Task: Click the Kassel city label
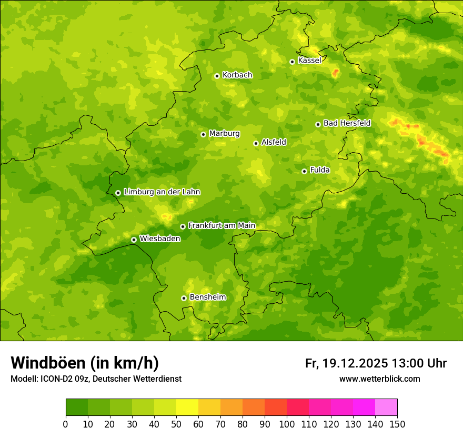click(x=309, y=61)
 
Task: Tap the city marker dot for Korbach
click(x=217, y=76)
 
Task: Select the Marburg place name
click(x=224, y=134)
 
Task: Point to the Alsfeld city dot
click(x=256, y=143)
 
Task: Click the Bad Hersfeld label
click(x=347, y=123)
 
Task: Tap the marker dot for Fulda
click(x=304, y=171)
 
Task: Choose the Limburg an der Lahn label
click(x=162, y=192)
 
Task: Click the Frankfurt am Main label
click(x=222, y=226)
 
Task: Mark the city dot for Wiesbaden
click(x=134, y=240)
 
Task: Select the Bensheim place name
click(x=207, y=297)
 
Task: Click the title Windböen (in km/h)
click(x=85, y=363)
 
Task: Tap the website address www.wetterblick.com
click(x=379, y=379)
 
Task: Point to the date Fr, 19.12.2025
click(x=346, y=363)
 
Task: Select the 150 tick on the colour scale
click(x=397, y=424)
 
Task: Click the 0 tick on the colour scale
click(x=66, y=424)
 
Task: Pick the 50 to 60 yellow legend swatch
click(x=187, y=408)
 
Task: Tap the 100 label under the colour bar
click(x=287, y=424)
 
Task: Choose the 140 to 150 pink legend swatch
click(x=386, y=408)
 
